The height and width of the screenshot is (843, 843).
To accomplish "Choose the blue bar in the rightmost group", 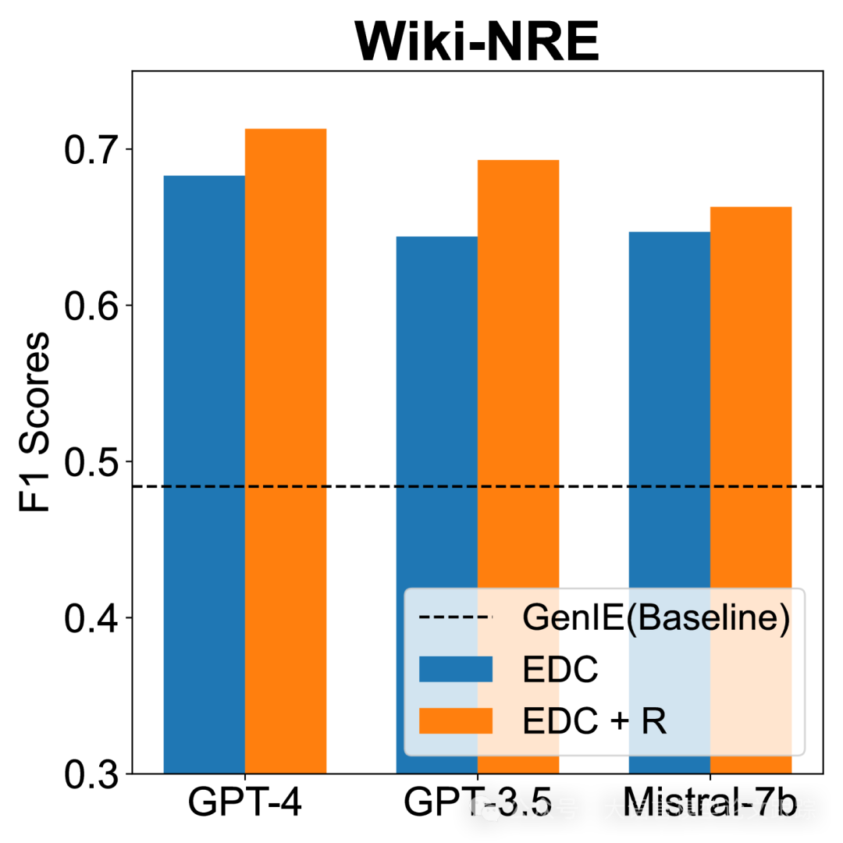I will [670, 390].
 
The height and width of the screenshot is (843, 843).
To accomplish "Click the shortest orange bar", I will [751, 390].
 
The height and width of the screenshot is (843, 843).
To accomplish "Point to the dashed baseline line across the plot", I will [359, 486].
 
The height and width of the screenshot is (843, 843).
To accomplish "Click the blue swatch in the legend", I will [456, 669].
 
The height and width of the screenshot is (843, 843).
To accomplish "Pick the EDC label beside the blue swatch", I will [560, 670].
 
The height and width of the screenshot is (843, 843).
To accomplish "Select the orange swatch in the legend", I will [456, 720].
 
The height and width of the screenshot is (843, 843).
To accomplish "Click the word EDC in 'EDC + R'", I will [560, 721].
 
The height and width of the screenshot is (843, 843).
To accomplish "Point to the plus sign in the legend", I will [620, 723].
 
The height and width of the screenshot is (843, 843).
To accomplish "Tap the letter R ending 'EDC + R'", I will [654, 721].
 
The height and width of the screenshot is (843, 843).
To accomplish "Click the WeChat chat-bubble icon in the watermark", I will [485, 809].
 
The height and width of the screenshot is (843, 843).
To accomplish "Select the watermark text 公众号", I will [542, 809].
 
